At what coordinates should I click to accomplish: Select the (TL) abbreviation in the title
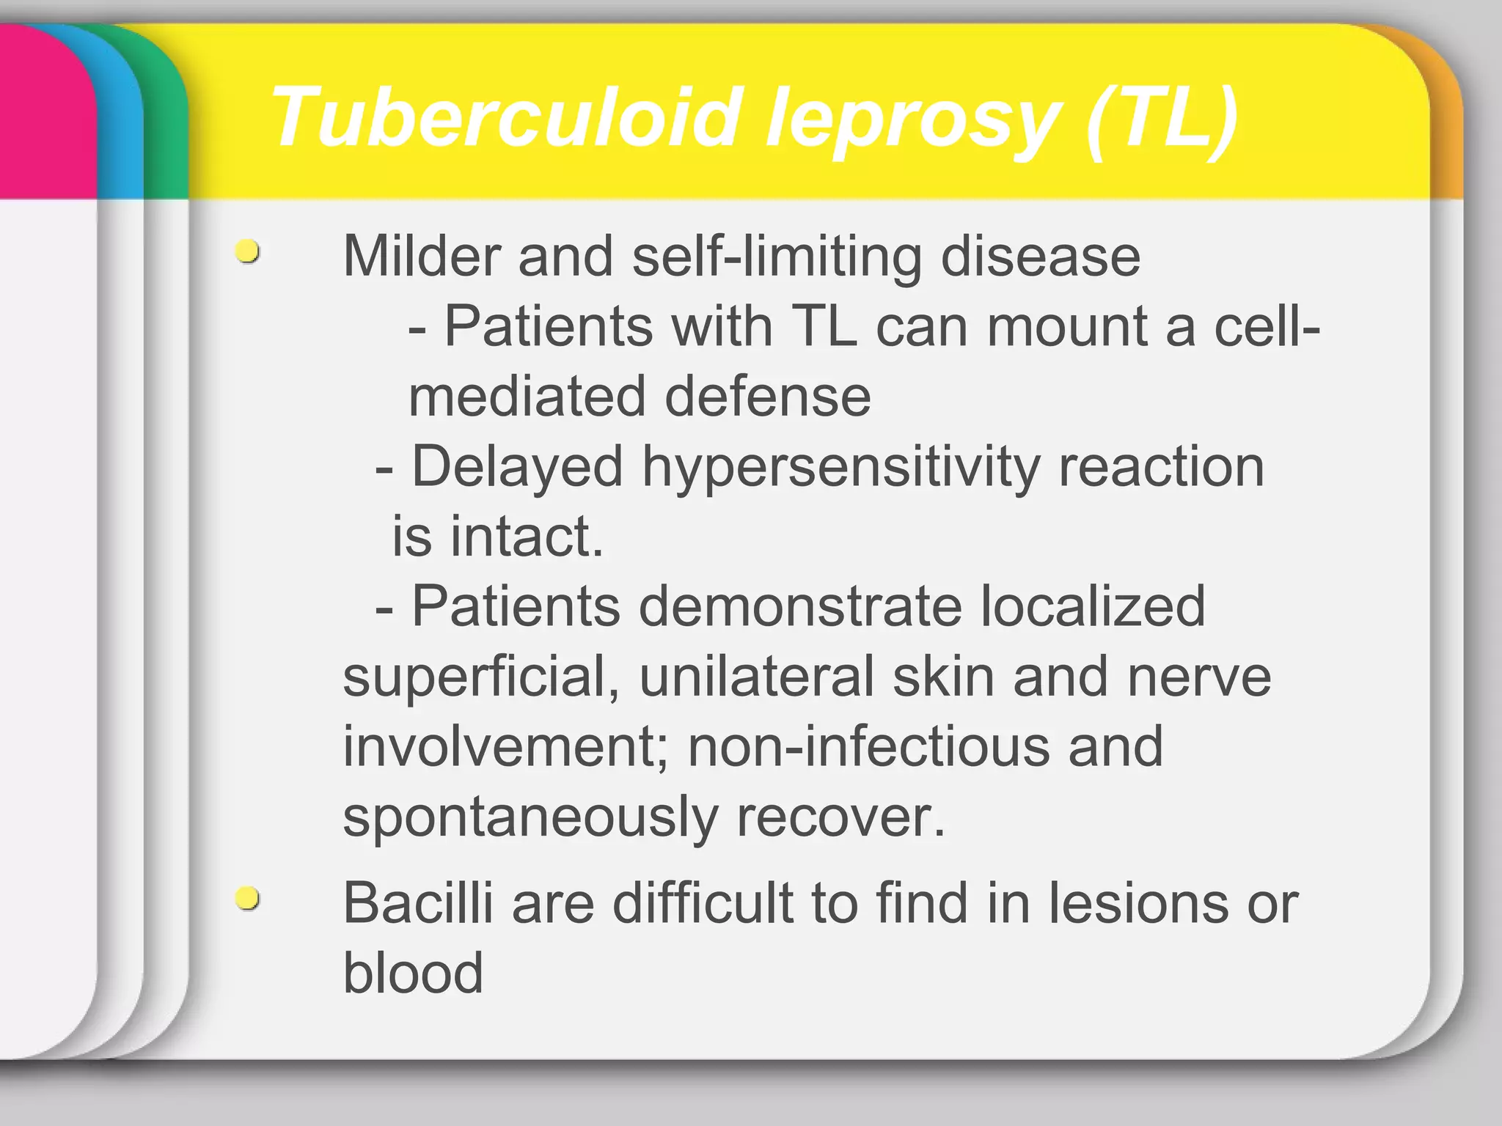(x=1162, y=117)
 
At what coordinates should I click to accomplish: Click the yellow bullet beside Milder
(x=248, y=251)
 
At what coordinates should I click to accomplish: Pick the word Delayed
(x=517, y=466)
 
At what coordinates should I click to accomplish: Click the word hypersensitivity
(x=840, y=466)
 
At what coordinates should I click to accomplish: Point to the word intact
(x=526, y=536)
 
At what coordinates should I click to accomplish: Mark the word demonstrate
(x=799, y=606)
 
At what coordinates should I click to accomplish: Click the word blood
(x=413, y=973)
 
